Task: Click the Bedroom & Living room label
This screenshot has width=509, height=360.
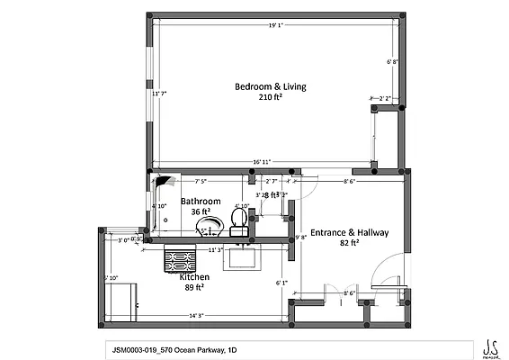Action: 270,86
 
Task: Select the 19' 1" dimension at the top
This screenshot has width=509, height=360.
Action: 276,25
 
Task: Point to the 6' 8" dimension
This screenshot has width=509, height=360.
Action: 391,62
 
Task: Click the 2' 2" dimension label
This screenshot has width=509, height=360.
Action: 385,98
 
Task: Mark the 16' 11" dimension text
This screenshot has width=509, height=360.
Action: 263,162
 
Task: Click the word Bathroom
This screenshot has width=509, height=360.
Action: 200,201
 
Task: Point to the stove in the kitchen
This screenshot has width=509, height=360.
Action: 179,261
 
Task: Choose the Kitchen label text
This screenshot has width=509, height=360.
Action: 194,277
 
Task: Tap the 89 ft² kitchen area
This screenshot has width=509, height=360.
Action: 195,288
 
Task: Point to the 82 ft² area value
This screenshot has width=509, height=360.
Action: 351,243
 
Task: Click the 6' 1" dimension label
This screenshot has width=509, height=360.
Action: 281,283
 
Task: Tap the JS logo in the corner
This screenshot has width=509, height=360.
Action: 489,346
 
